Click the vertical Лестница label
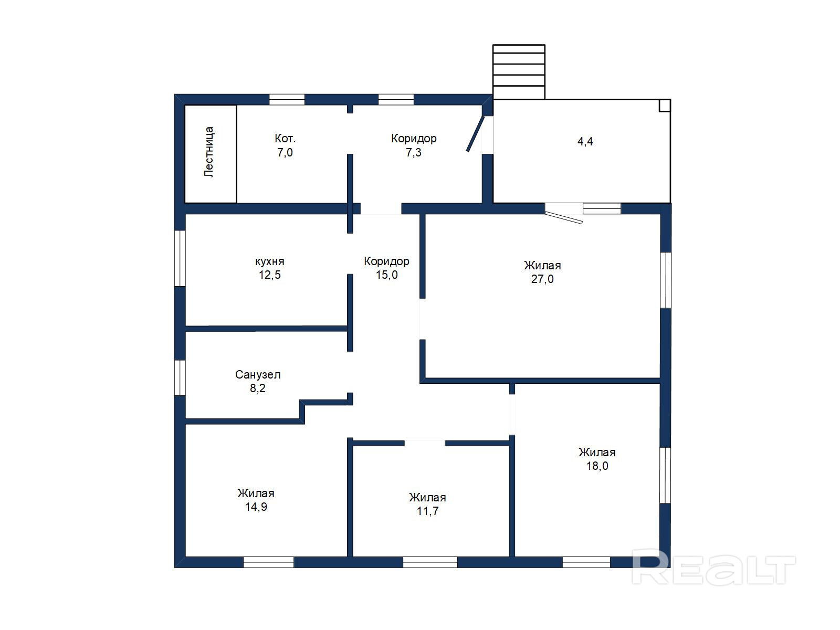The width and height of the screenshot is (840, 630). tap(209, 152)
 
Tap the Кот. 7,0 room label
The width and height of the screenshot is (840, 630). tap(285, 145)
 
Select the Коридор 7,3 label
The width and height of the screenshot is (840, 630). tap(414, 145)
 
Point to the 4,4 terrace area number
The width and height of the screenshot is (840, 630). tap(585, 142)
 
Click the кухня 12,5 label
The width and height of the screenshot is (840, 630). tap(270, 268)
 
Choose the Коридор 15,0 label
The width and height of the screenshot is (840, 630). tap(386, 268)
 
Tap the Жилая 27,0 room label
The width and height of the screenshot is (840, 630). tap(542, 272)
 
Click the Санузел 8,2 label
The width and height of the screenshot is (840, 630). tap(258, 381)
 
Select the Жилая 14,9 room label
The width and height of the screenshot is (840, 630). tap(256, 500)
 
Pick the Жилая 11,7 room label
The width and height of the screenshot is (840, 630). tap(427, 504)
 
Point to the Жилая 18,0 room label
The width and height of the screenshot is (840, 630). tap(597, 459)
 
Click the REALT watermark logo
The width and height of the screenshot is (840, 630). tap(713, 568)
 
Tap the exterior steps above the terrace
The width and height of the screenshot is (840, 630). tap(519, 72)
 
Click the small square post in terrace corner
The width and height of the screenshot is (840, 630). tap(665, 106)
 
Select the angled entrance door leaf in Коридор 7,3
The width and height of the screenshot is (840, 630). tap(475, 134)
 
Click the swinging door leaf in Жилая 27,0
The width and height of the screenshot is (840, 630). tap(564, 217)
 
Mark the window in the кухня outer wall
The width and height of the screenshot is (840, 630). tap(180, 258)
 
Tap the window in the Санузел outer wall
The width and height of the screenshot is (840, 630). tap(180, 377)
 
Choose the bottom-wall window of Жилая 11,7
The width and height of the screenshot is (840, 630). tap(430, 562)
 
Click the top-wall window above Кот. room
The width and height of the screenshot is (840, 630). tap(287, 99)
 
